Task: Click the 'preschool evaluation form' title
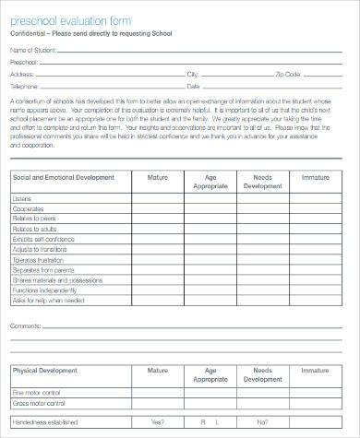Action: click(x=69, y=21)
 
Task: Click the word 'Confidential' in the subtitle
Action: click(x=30, y=34)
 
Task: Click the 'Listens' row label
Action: click(x=22, y=198)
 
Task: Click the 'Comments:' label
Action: click(x=25, y=326)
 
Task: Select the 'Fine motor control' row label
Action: click(x=34, y=391)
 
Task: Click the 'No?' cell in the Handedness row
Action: click(x=210, y=422)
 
